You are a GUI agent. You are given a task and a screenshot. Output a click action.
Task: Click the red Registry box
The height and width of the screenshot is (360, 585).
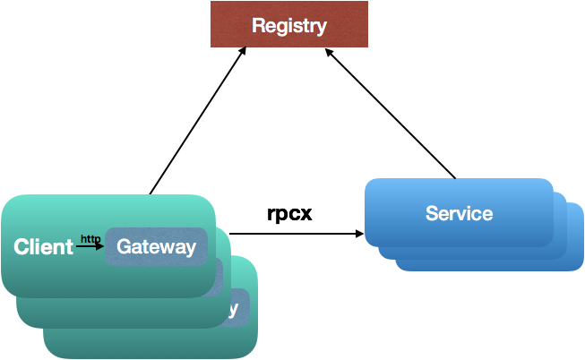(288, 25)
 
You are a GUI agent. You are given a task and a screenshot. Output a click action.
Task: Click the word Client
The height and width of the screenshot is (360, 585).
(43, 246)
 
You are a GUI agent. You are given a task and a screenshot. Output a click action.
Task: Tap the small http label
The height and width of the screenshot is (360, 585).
(90, 238)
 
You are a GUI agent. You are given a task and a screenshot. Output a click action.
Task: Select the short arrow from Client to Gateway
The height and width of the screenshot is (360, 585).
(90, 246)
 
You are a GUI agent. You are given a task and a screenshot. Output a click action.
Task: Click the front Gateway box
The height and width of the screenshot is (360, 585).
(156, 246)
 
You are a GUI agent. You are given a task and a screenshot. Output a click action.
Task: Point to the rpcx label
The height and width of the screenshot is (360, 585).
(289, 214)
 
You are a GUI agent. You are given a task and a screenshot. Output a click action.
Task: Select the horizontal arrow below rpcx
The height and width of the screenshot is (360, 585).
(296, 235)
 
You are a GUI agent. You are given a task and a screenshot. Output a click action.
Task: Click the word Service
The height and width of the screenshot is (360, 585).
(459, 214)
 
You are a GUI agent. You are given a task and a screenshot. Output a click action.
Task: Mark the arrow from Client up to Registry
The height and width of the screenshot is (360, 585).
(197, 122)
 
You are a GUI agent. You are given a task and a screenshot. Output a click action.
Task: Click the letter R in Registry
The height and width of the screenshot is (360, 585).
(258, 26)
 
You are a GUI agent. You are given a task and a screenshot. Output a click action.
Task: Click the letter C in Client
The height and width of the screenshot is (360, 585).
(21, 247)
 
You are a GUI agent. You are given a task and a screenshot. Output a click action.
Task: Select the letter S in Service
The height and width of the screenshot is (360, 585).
(431, 214)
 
